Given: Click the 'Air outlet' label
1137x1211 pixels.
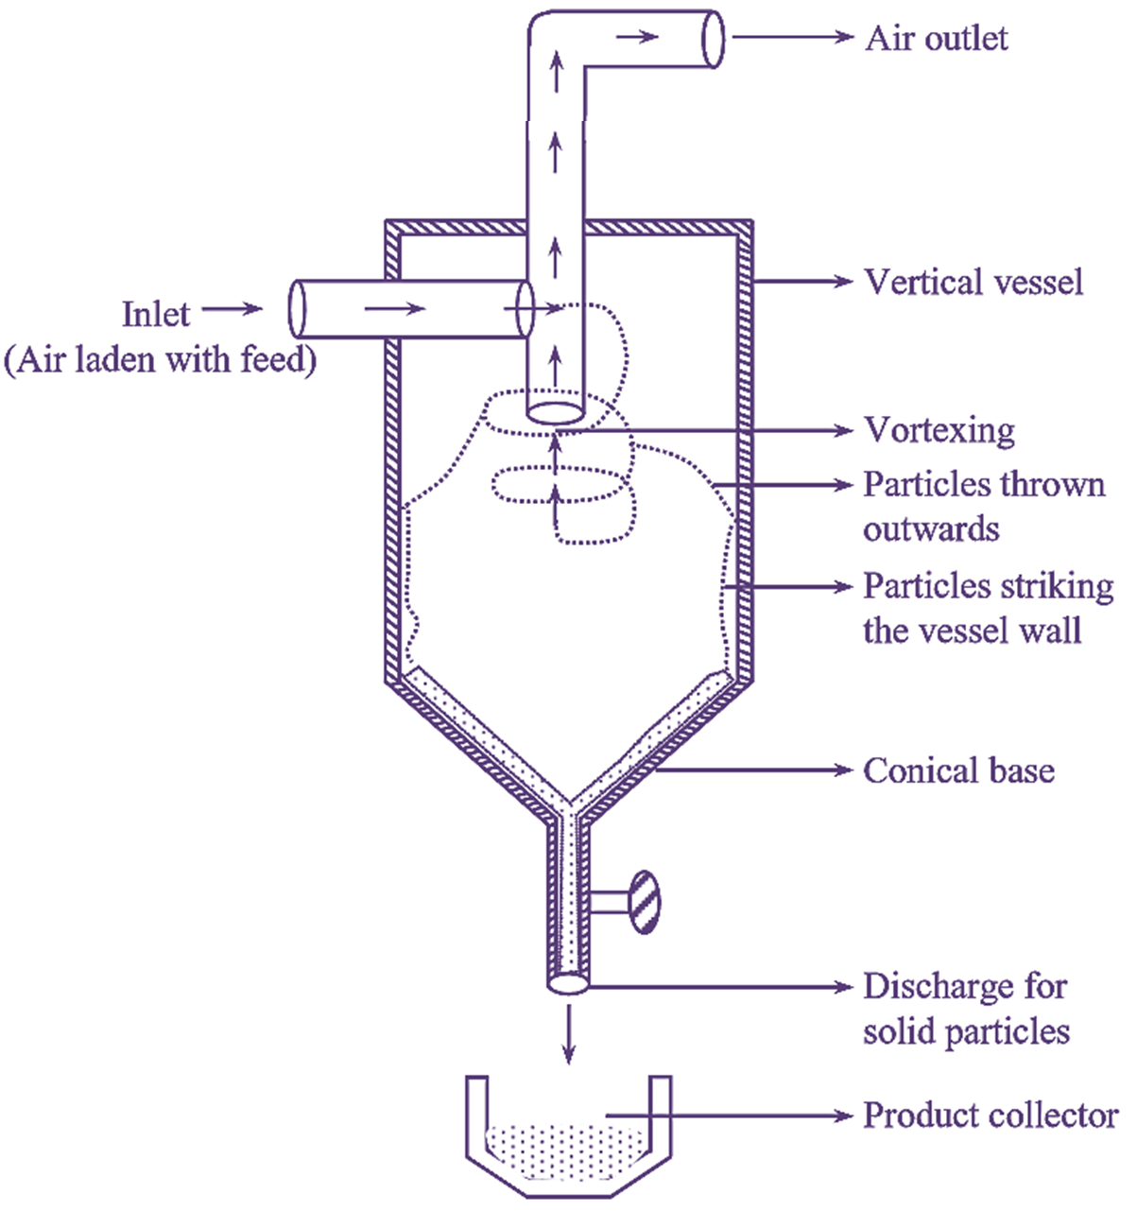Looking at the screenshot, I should click(937, 39).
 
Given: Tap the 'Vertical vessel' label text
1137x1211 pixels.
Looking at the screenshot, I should click(973, 283).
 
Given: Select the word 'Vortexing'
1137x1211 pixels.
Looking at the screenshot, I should click(939, 431).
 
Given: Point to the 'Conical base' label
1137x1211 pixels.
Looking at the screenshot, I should click(958, 771).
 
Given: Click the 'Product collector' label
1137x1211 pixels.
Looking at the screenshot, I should click(991, 1116).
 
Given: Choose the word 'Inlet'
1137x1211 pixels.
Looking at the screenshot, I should click(156, 314).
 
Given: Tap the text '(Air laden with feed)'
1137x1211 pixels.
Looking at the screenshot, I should click(160, 360).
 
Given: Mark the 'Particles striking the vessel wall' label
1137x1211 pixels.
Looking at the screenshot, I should click(988, 608).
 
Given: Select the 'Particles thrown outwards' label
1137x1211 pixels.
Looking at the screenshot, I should click(983, 506).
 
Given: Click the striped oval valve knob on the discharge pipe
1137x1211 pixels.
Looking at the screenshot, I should click(645, 902).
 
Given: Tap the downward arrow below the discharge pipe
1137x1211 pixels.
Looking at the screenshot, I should click(568, 1034).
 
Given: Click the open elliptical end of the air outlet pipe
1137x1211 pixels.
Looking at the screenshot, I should click(714, 40).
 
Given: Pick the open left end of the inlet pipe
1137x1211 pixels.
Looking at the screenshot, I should click(297, 308).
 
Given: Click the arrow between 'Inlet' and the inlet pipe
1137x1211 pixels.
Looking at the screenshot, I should click(233, 309).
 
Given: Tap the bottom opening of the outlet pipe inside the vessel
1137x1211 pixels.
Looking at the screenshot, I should click(556, 412).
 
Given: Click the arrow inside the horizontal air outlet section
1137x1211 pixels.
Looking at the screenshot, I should click(636, 38).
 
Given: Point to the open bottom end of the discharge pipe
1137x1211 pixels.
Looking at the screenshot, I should click(568, 984).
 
